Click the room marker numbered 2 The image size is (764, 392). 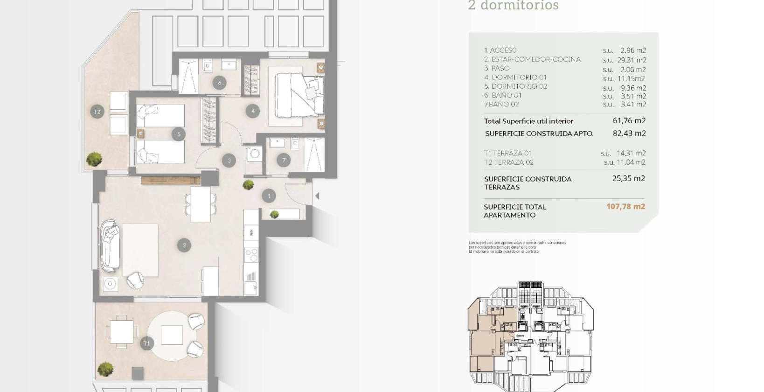(184, 245)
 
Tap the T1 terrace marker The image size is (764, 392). (147, 343)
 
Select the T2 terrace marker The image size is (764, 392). (97, 112)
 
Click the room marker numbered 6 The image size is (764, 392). (220, 83)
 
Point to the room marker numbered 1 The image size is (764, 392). (269, 196)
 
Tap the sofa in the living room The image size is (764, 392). (111, 247)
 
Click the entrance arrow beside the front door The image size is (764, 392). (317, 196)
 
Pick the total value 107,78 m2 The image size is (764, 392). (625, 206)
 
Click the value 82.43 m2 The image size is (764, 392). (629, 133)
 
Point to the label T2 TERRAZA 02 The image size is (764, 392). (508, 162)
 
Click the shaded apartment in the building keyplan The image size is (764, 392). (485, 336)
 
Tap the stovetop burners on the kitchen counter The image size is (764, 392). (251, 255)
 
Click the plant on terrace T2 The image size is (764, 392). (95, 159)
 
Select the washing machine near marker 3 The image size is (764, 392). (255, 154)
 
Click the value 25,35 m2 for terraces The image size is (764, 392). (628, 178)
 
